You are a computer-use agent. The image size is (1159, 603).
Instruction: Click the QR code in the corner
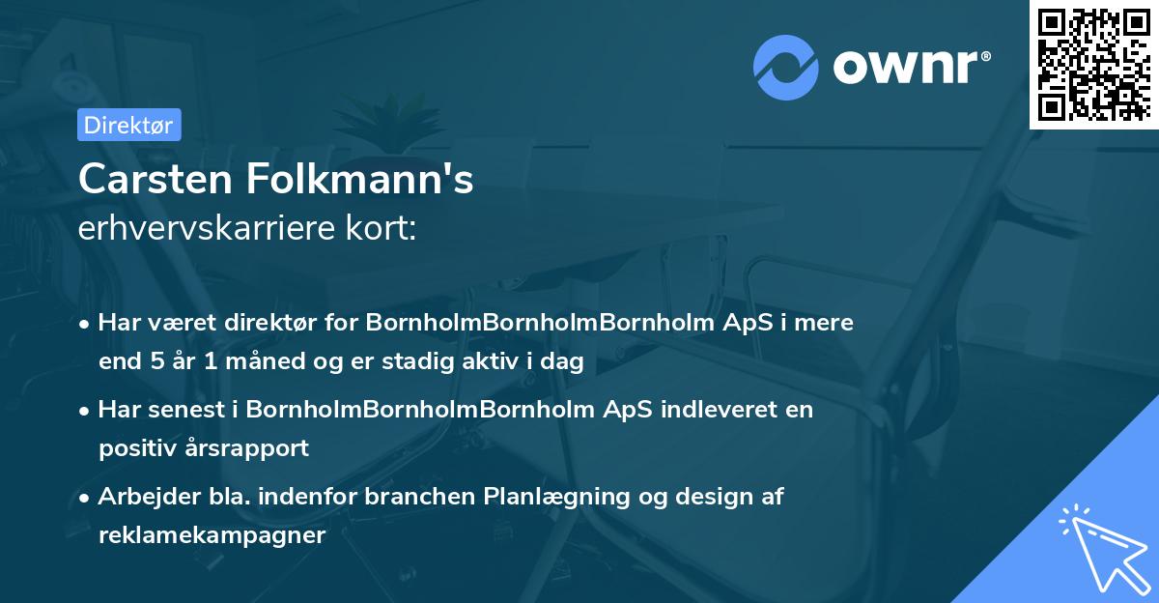pos(1094,64)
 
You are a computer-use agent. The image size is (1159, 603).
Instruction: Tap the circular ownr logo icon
pos(785,67)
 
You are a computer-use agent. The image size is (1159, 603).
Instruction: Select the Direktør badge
pos(128,125)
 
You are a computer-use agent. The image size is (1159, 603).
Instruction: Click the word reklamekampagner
pos(212,535)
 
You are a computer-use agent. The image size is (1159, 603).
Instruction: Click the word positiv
pos(136,448)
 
